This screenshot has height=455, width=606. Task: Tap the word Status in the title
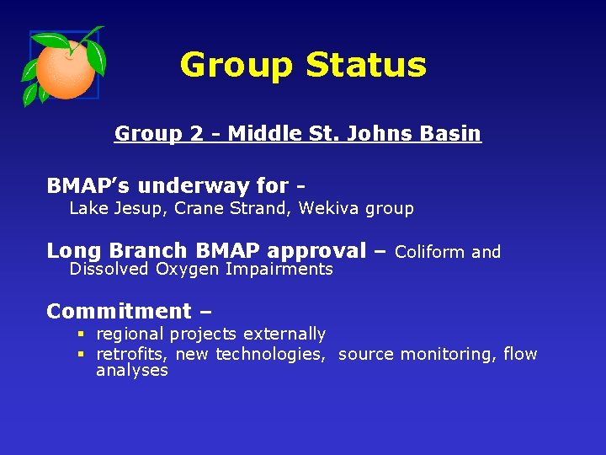tap(366, 65)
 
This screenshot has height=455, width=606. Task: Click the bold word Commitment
tap(120, 311)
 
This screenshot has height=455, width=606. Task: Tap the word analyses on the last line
tap(132, 371)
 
